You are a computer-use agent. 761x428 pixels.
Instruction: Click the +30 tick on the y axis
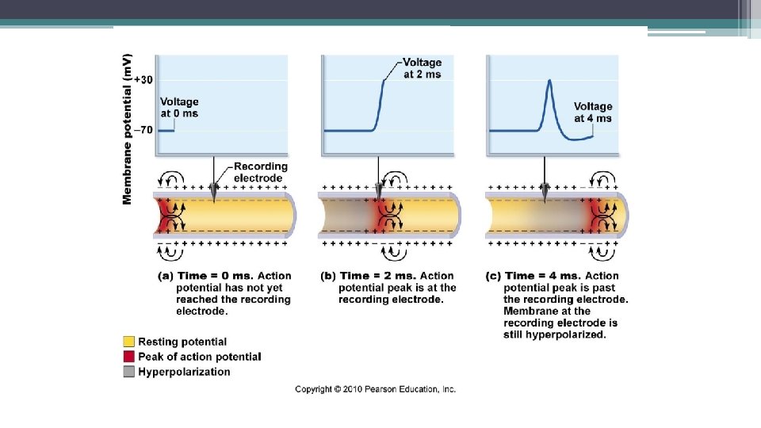pyautogui.click(x=143, y=79)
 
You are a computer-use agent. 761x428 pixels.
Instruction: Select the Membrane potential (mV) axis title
pyautogui.click(x=128, y=128)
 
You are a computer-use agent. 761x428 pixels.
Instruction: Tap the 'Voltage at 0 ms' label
pyautogui.click(x=179, y=107)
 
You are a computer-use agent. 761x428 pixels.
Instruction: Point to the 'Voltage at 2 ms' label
pyautogui.click(x=422, y=68)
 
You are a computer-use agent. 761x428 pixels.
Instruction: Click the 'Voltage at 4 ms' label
pyautogui.click(x=593, y=112)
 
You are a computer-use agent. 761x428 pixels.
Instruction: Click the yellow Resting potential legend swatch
pyautogui.click(x=128, y=342)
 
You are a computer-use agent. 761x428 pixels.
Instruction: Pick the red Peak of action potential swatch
pyautogui.click(x=128, y=357)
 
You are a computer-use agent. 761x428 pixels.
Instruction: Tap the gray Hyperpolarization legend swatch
pyautogui.click(x=128, y=371)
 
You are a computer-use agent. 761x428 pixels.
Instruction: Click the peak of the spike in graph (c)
pyautogui.click(x=548, y=80)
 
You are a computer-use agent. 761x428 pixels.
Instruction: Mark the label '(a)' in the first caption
pyautogui.click(x=166, y=276)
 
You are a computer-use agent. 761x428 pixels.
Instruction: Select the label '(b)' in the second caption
pyautogui.click(x=327, y=276)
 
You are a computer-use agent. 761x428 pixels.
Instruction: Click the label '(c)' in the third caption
pyautogui.click(x=493, y=276)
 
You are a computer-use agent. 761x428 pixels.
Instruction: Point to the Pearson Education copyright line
pyautogui.click(x=375, y=389)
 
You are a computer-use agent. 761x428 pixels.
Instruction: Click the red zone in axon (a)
pyautogui.click(x=165, y=214)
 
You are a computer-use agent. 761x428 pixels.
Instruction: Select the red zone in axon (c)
pyautogui.click(x=598, y=214)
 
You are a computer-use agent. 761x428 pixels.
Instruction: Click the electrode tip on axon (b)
pyautogui.click(x=379, y=196)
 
